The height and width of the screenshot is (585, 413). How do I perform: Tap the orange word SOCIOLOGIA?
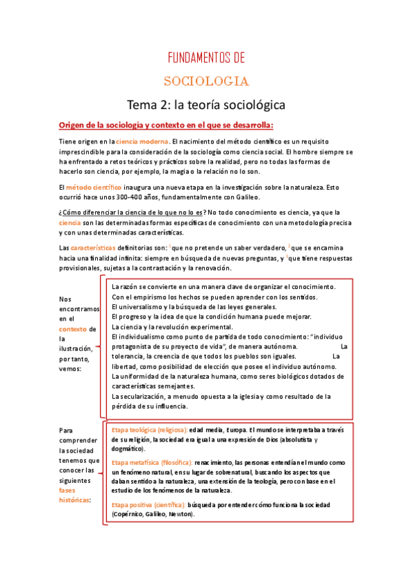[x=206, y=81]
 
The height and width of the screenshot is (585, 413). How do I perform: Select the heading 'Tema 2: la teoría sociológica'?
[x=206, y=105]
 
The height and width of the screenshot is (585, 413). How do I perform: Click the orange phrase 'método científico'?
[x=94, y=187]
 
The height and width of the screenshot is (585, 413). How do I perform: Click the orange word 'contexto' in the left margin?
[x=72, y=329]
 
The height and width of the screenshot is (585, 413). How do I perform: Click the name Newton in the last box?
[x=181, y=515]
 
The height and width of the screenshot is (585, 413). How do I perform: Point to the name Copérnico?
[x=128, y=515]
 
